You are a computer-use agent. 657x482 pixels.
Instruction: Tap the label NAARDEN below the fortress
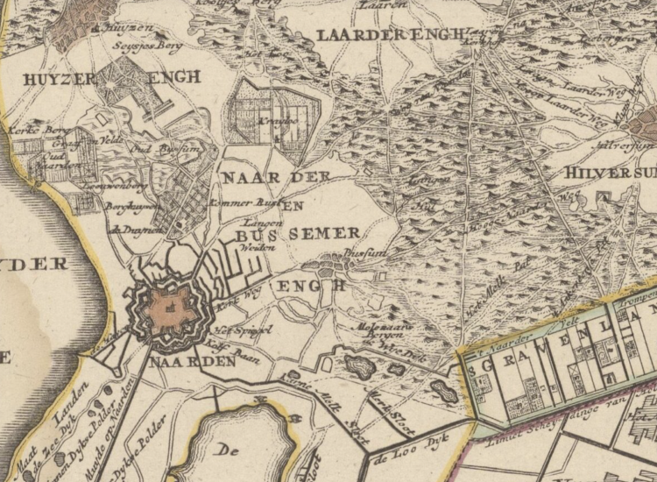pyautogui.click(x=192, y=361)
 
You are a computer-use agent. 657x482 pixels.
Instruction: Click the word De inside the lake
pyautogui.click(x=228, y=450)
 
